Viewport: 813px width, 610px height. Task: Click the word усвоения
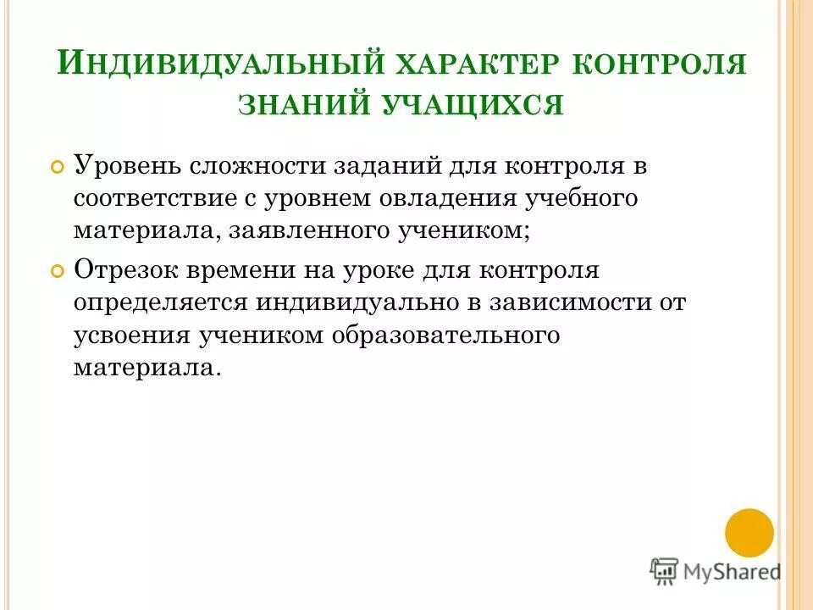131,334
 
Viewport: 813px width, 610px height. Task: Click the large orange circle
749,533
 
